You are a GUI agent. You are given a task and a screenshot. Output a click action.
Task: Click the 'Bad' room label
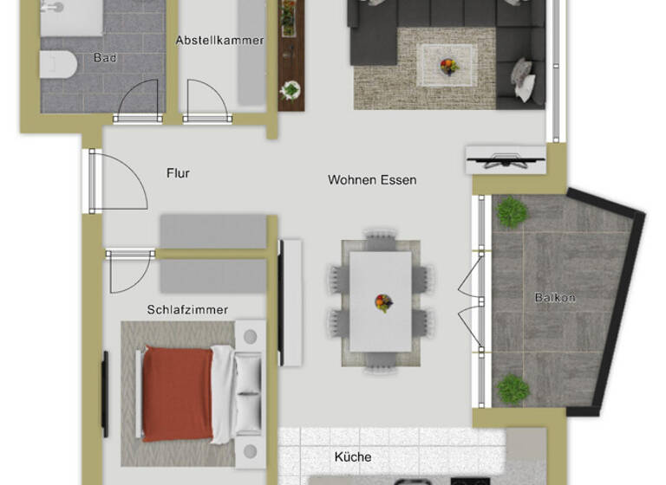[x=106, y=58]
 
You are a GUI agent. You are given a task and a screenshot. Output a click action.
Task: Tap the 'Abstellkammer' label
[x=219, y=40]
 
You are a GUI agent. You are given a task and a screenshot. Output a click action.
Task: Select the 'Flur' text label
[x=178, y=173]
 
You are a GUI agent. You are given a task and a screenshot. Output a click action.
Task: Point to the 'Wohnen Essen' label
[x=372, y=180]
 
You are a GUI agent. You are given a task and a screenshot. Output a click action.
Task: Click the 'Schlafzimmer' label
[x=187, y=310]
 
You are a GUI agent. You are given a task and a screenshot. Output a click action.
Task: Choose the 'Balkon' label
[x=555, y=297]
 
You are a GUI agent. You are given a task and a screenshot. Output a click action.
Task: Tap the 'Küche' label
[x=353, y=456]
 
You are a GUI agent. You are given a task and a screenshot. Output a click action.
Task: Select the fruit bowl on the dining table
[x=382, y=302]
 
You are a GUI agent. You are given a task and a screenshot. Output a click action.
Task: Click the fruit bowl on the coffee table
[x=448, y=64]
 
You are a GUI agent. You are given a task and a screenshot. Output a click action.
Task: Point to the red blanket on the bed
[x=177, y=393]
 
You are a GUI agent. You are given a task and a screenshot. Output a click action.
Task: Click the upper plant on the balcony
[x=512, y=211]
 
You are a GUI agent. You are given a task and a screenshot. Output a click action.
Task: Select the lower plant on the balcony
[x=513, y=388]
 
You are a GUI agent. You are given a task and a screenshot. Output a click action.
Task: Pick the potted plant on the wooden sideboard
[x=291, y=89]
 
